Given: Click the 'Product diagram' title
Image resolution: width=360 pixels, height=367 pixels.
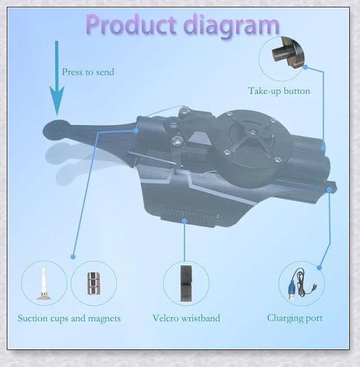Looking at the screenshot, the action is [x=183, y=25].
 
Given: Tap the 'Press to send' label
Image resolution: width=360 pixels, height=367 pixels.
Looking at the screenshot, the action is [x=88, y=72].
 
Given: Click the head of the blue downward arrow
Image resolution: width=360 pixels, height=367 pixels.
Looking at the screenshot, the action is [x=57, y=101].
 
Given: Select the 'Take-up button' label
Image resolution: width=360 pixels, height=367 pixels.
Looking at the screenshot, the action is [x=279, y=91].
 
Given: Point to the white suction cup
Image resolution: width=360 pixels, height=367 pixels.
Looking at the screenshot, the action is [x=44, y=284].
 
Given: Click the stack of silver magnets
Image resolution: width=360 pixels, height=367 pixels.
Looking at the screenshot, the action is [x=94, y=283].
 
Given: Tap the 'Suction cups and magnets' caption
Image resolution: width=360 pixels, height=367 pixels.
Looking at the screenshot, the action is [x=69, y=318].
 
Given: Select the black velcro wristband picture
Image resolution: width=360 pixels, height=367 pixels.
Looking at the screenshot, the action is [x=186, y=283].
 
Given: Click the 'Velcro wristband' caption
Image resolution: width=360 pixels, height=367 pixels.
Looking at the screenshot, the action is [x=186, y=318].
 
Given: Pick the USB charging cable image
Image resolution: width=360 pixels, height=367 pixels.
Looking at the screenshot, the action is [x=302, y=284].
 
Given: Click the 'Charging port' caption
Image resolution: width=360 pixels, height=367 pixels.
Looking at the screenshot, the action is [x=295, y=318].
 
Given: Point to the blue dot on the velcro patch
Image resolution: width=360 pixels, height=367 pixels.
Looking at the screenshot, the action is [x=185, y=221].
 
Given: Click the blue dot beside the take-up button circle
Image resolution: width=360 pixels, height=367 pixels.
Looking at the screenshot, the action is [x=305, y=67].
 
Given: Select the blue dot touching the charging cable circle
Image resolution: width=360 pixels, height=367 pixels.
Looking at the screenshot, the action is [x=319, y=268].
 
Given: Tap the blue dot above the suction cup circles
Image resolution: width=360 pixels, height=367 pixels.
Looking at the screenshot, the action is [x=73, y=257].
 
